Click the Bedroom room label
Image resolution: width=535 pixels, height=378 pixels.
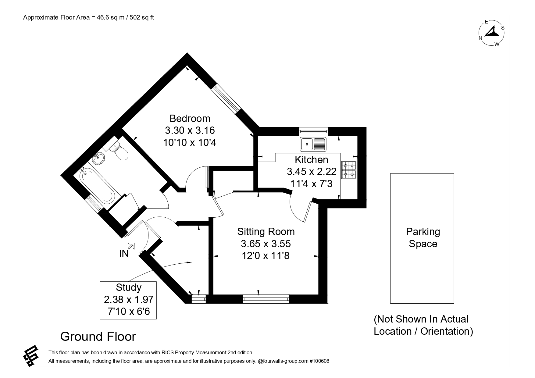point(190,118)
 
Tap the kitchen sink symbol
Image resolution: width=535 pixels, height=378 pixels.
point(313,144)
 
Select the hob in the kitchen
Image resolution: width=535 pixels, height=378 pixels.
point(349,170)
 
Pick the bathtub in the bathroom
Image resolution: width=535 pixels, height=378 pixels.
point(97,186)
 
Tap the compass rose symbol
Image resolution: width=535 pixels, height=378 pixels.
point(491,33)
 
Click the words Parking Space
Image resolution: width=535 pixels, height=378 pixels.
point(423,238)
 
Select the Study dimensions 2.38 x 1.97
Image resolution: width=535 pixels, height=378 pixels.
point(128,300)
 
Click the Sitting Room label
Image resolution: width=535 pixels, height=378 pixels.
point(266,232)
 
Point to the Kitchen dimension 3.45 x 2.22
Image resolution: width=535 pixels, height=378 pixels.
point(312,172)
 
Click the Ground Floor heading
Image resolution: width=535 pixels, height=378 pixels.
point(98,337)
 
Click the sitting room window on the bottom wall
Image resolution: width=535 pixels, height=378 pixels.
point(266,299)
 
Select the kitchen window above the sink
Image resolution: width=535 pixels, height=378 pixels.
point(313,131)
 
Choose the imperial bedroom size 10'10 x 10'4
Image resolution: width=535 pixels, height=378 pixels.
point(190,142)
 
